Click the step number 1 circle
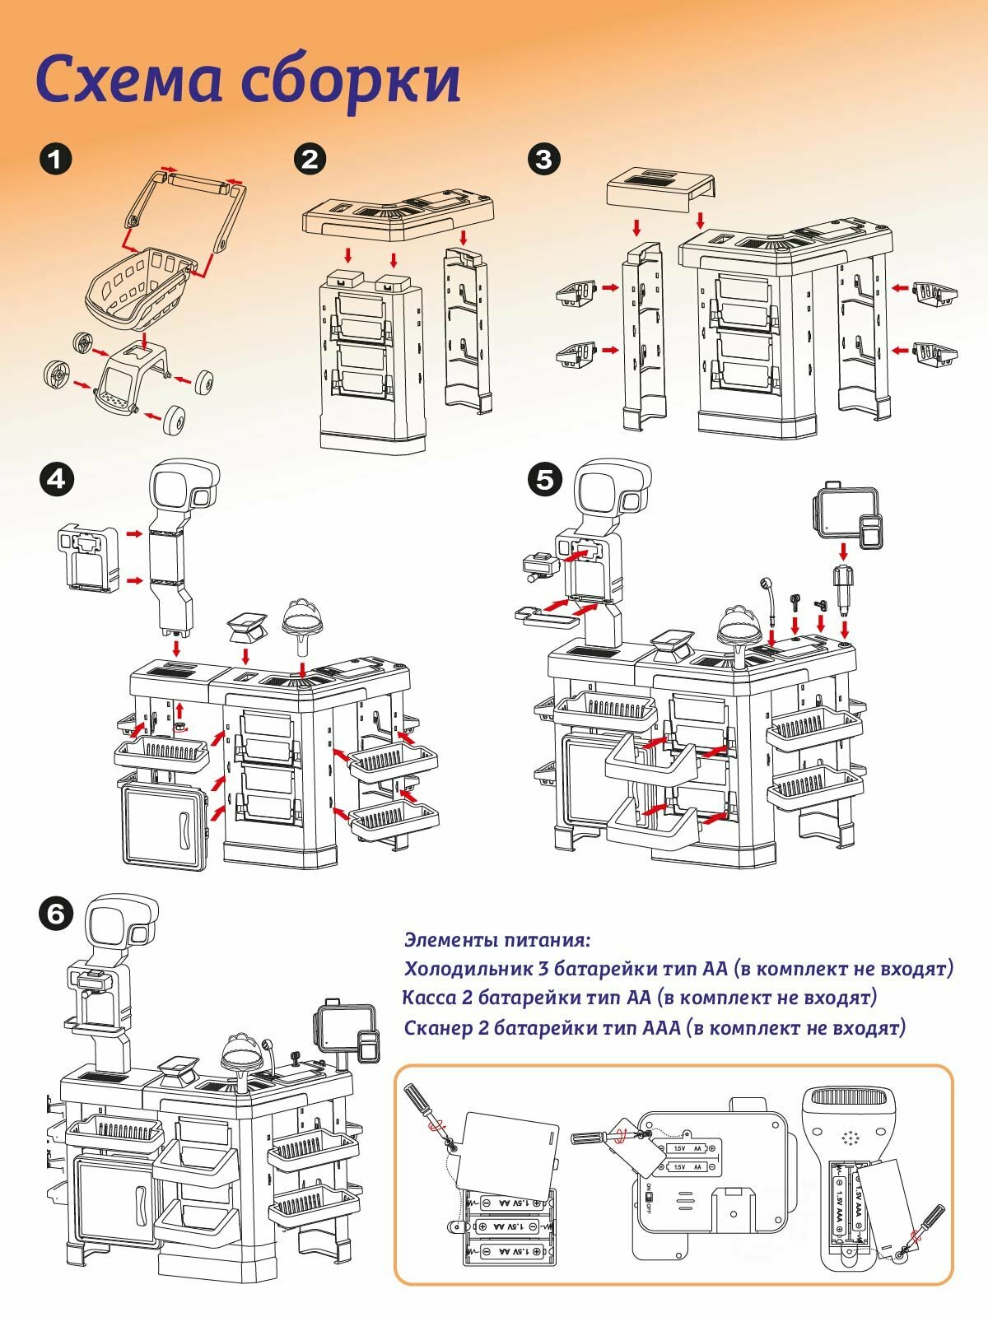55,159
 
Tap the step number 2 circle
310,159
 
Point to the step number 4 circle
55,479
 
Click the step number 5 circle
544,479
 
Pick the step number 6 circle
55,912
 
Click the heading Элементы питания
497,939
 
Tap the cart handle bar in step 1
198,183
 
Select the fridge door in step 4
163,826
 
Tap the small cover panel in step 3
660,187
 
